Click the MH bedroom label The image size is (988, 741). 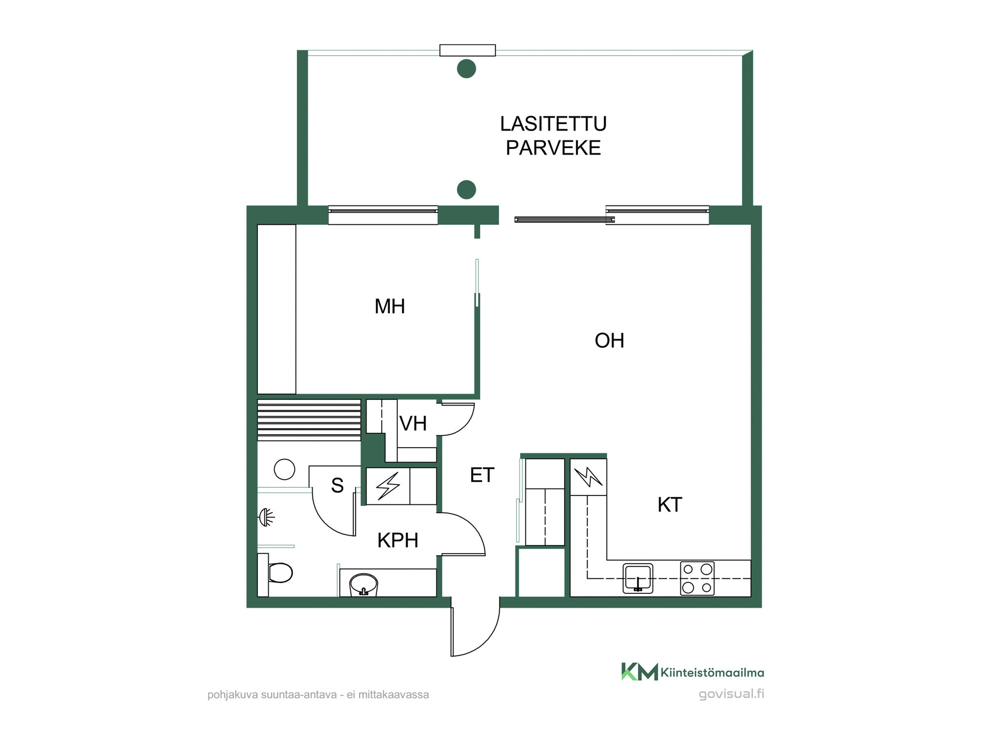pyautogui.click(x=390, y=307)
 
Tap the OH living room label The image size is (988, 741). pyautogui.click(x=609, y=341)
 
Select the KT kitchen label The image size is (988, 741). pyautogui.click(x=669, y=505)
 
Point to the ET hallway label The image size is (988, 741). pyautogui.click(x=482, y=475)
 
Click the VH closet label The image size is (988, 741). pyautogui.click(x=413, y=424)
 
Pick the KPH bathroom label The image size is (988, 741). pyautogui.click(x=397, y=540)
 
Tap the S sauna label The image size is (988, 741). pyautogui.click(x=337, y=485)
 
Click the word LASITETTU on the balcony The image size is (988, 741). pyautogui.click(x=553, y=124)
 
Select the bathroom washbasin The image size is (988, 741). pyautogui.click(x=364, y=585)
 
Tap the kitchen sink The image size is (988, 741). pyautogui.click(x=638, y=578)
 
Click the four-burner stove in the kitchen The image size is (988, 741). pyautogui.click(x=697, y=578)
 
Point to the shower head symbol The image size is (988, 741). pyautogui.click(x=266, y=517)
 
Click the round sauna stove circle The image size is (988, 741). pyautogui.click(x=285, y=469)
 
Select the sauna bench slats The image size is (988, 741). pyautogui.click(x=309, y=420)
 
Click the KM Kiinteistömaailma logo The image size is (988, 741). pyautogui.click(x=693, y=672)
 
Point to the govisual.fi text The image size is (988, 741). pyautogui.click(x=731, y=694)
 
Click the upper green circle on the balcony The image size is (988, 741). pyautogui.click(x=466, y=69)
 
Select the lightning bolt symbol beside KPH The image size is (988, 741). pyautogui.click(x=388, y=486)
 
